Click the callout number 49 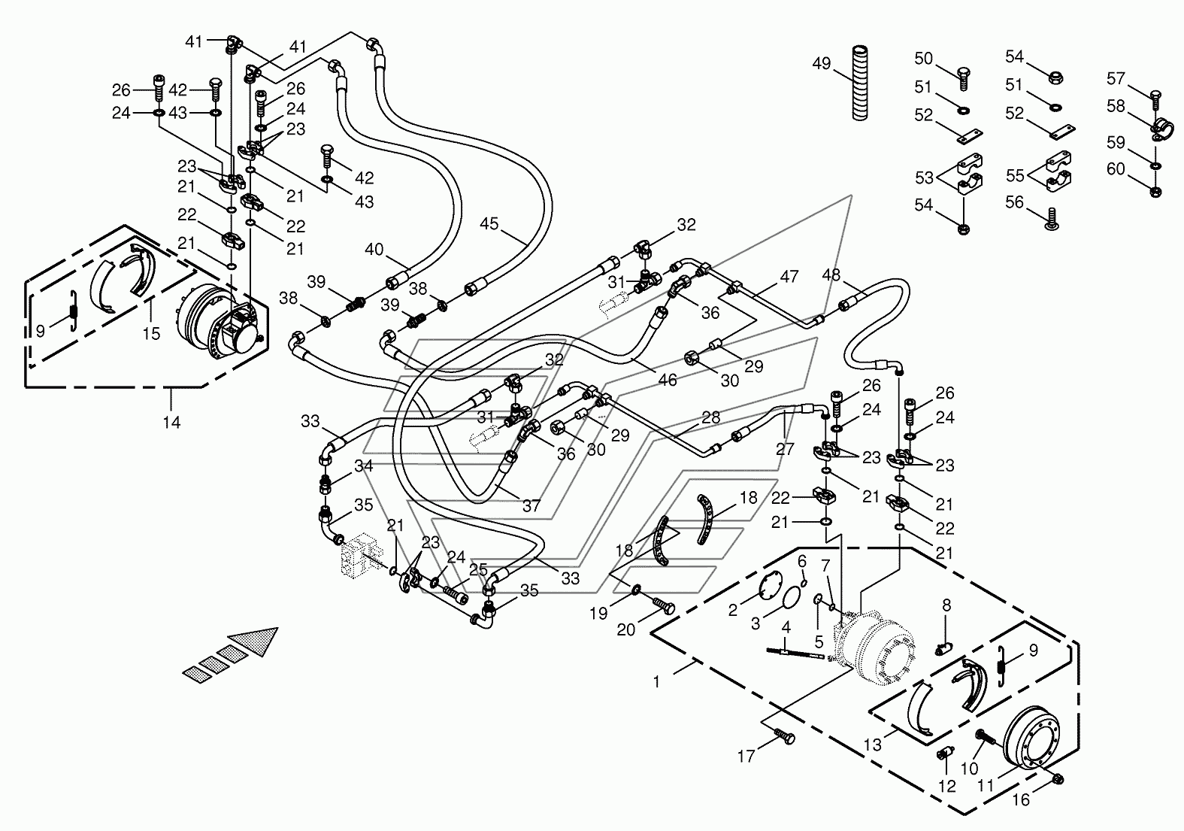point(822,64)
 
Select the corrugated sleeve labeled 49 point(861,83)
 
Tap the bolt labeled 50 point(964,79)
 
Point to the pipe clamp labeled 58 point(1162,129)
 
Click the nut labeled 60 point(1155,191)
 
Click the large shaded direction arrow point(231,653)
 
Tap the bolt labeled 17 point(784,737)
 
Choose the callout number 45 point(489,223)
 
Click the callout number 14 point(171,422)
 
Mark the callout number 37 point(531,506)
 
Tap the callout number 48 point(831,274)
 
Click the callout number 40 point(374,249)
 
